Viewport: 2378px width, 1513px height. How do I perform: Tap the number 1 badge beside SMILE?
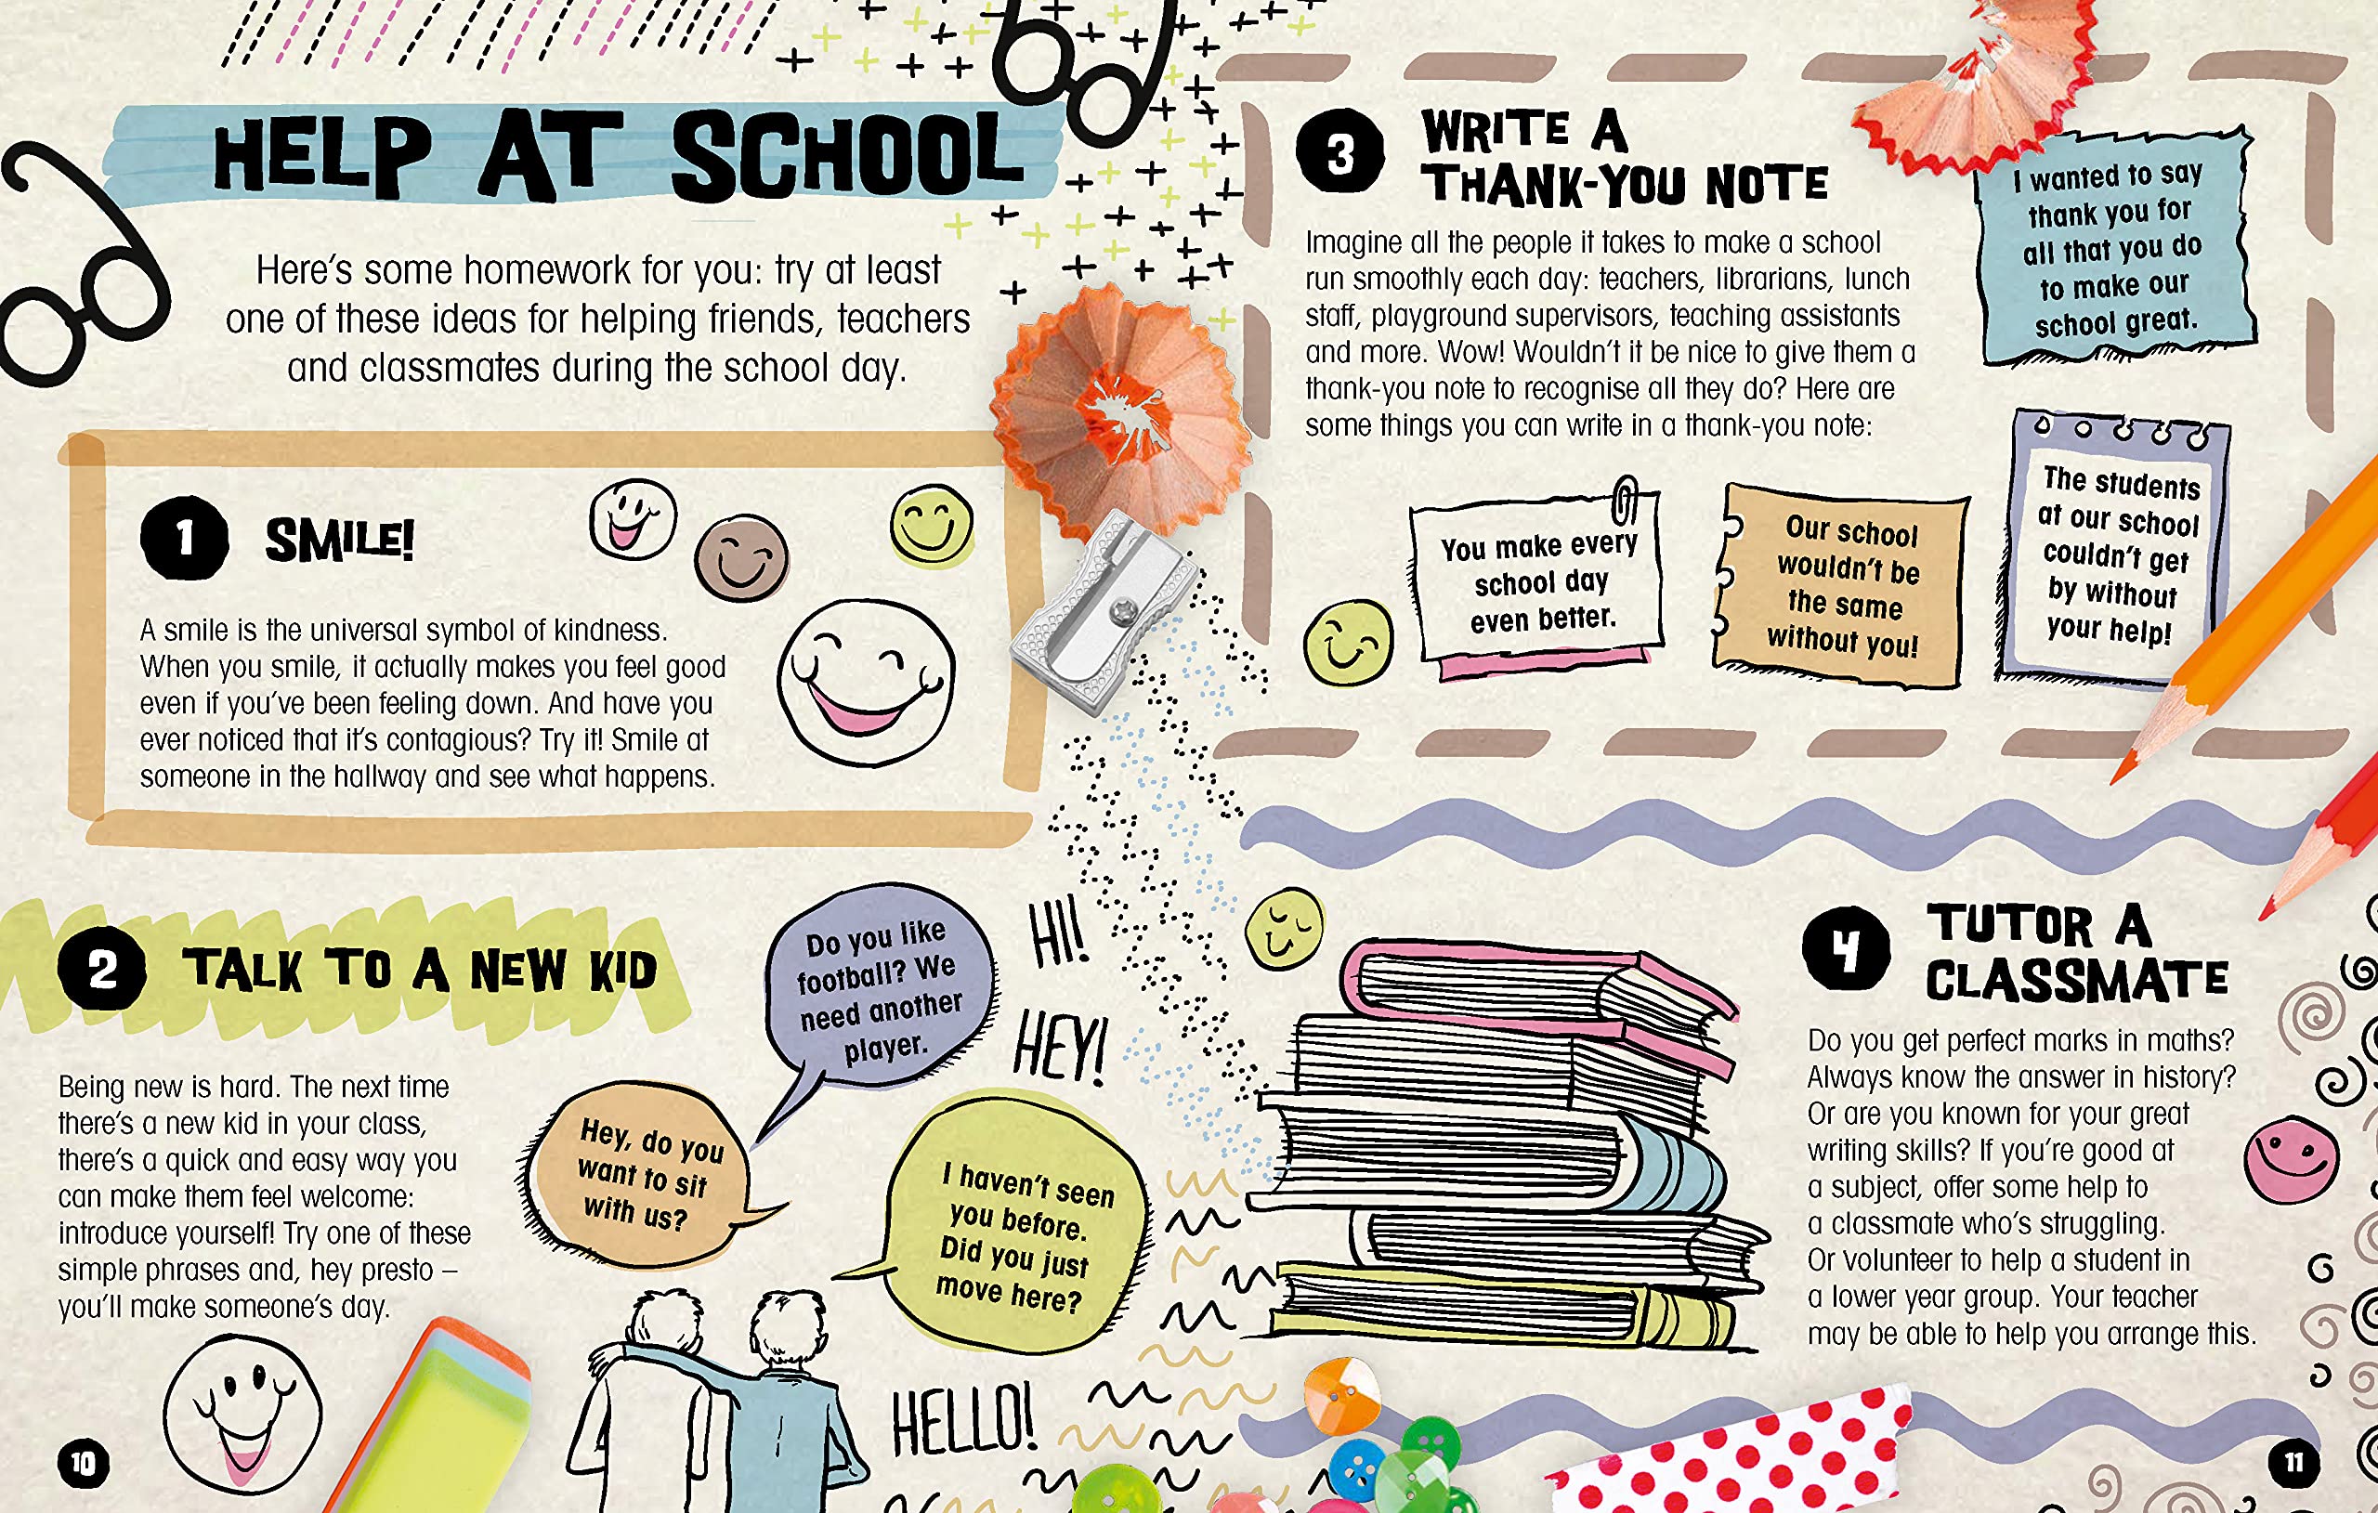185,539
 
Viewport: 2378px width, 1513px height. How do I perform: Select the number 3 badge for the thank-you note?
1339,152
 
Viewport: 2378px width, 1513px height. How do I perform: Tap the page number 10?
83,1463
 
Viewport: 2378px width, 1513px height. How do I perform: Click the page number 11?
2293,1463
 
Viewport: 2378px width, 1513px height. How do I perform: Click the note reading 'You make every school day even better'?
1538,582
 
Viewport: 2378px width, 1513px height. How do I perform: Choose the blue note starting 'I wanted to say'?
2113,249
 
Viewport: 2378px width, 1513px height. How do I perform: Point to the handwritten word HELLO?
963,1419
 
